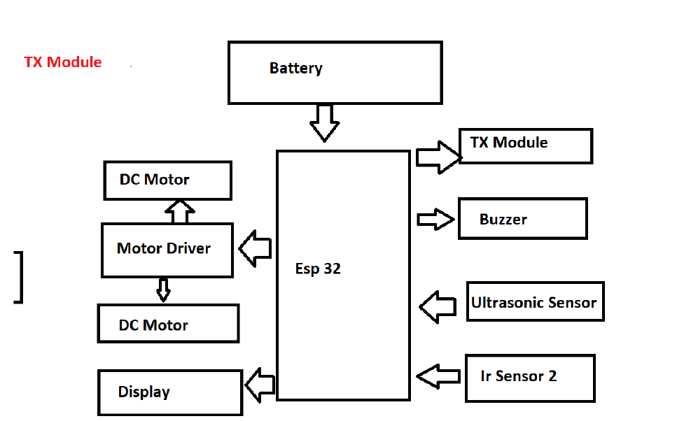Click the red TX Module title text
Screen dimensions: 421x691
tap(63, 62)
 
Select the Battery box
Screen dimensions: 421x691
tap(335, 73)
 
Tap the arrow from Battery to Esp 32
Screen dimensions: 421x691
tap(324, 122)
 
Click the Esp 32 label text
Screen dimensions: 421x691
tap(318, 269)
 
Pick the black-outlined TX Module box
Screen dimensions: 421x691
tap(526, 145)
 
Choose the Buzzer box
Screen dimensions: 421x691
tap(522, 219)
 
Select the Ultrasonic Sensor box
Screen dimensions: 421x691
tap(535, 302)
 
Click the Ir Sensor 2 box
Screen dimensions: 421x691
tap(529, 378)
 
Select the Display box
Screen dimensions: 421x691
tap(169, 392)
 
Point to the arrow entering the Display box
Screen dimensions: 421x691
tap(260, 385)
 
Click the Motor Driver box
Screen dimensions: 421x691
tap(167, 250)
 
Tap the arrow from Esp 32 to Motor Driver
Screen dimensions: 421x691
tap(256, 249)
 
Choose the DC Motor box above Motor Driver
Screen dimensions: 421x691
tap(167, 180)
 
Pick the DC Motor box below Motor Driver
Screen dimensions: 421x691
tap(168, 324)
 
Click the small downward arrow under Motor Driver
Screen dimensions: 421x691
tap(163, 290)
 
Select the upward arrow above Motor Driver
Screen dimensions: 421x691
tap(181, 211)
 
